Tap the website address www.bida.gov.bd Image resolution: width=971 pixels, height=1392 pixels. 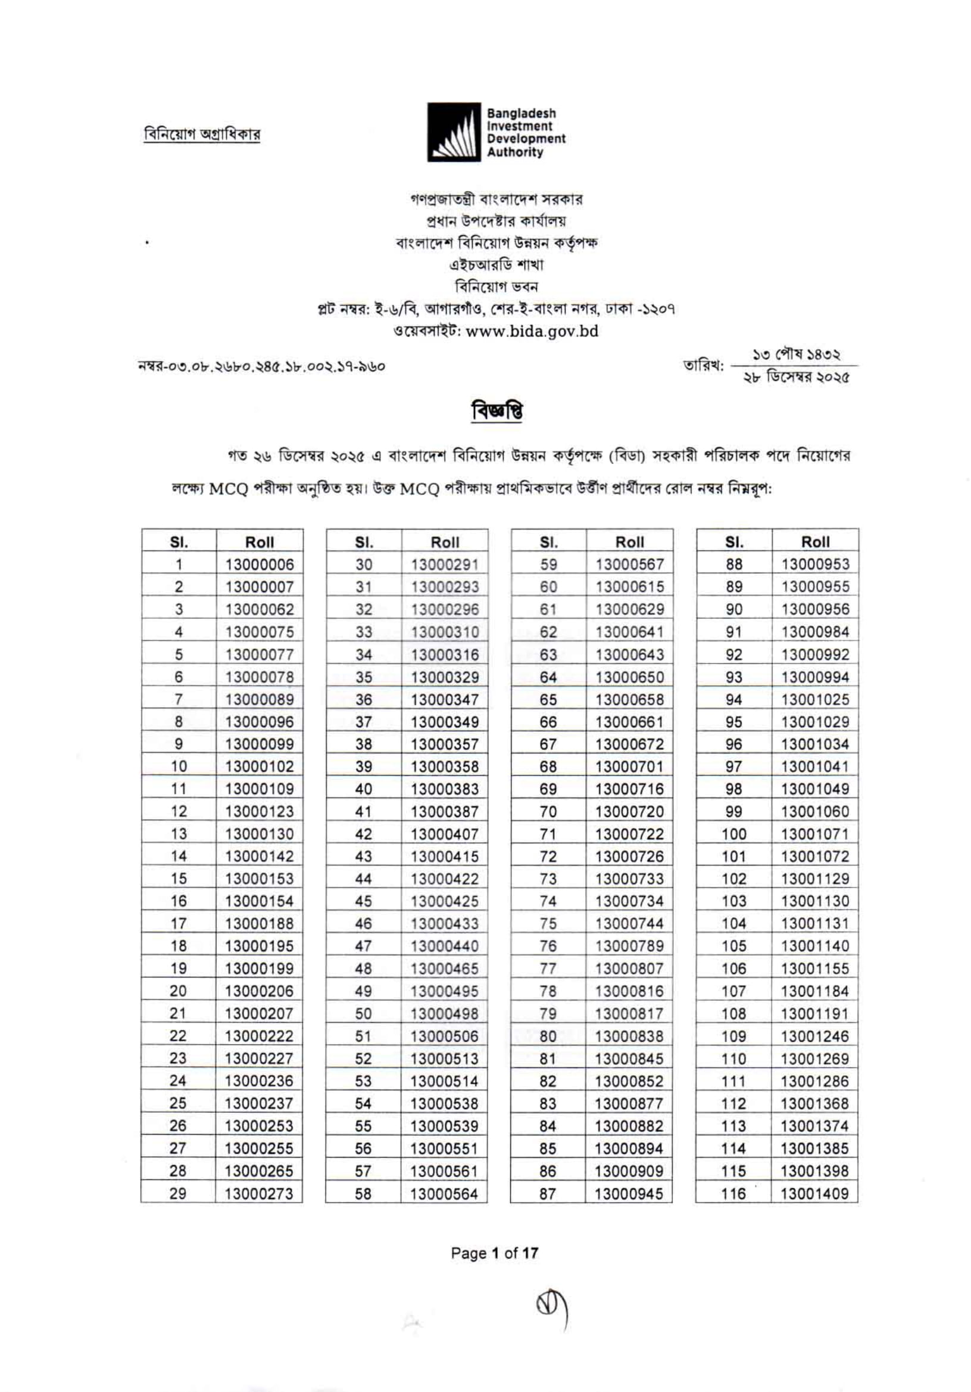[x=532, y=332]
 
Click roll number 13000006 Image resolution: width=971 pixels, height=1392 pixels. [x=260, y=565]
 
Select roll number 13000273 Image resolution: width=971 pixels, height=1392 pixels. [x=259, y=1194]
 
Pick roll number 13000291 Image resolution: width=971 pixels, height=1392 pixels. [x=445, y=565]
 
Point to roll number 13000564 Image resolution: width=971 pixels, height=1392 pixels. [x=444, y=1194]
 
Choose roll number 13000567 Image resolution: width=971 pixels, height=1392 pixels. [x=630, y=565]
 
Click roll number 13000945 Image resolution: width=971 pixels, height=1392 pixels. [x=629, y=1194]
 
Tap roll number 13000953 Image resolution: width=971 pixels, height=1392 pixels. [x=815, y=565]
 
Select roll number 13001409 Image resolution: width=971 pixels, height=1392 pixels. [x=814, y=1194]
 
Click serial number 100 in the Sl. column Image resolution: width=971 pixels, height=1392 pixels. [x=733, y=834]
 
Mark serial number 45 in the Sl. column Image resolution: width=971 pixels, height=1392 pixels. [x=363, y=902]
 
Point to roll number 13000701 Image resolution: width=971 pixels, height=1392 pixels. [x=630, y=767]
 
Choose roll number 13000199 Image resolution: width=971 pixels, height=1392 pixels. [x=259, y=969]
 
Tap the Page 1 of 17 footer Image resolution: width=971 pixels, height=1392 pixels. [x=494, y=1253]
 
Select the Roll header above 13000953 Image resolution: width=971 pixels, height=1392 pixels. [x=815, y=541]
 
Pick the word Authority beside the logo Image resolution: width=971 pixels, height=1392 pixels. [x=514, y=152]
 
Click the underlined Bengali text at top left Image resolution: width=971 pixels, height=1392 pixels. [x=202, y=134]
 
